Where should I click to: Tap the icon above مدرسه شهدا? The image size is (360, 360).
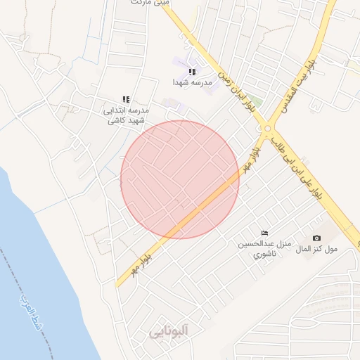point(192,72)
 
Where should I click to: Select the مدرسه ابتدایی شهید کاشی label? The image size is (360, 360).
point(127,115)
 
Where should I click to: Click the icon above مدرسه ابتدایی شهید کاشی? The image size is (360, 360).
point(126,100)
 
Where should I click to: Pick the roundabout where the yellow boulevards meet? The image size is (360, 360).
point(268,128)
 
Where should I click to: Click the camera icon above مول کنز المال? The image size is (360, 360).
point(316,238)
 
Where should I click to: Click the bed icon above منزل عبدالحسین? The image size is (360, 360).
point(264,233)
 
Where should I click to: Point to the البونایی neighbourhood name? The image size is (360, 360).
point(171,332)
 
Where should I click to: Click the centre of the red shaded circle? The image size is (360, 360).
point(180,179)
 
